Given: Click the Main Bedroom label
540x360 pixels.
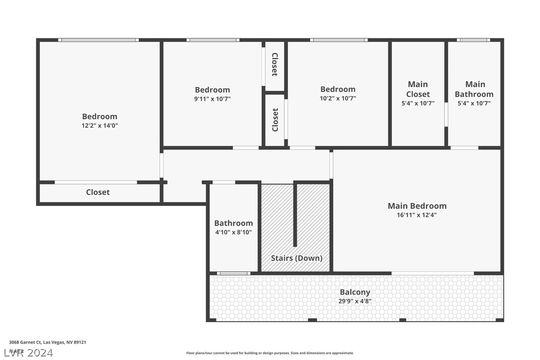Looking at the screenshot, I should (417, 206).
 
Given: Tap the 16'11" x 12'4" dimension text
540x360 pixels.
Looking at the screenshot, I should (417, 215).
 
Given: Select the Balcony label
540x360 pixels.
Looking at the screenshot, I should (355, 292).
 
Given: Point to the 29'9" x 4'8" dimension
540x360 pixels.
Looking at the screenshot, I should (355, 301).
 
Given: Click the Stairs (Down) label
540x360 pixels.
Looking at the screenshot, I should (296, 258).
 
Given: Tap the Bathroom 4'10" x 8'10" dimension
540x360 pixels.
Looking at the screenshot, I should (233, 232).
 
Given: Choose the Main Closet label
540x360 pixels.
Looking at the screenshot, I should (418, 90).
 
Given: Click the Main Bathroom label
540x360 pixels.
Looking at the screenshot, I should (474, 90).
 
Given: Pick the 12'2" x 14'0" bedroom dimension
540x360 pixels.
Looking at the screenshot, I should (99, 126).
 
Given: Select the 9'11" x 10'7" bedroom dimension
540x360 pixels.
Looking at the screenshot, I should (212, 99).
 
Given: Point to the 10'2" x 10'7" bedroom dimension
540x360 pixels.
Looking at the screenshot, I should (338, 98).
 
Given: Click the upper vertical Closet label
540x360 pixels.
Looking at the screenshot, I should (274, 65).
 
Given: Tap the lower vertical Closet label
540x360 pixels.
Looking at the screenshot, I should (275, 120).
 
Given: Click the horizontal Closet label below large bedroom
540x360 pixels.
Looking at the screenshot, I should (98, 192).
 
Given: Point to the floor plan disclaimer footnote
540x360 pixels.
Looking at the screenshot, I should (270, 353).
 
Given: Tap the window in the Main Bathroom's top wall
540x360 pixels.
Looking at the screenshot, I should (473, 40).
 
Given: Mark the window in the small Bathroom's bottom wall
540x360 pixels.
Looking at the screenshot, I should (233, 273).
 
